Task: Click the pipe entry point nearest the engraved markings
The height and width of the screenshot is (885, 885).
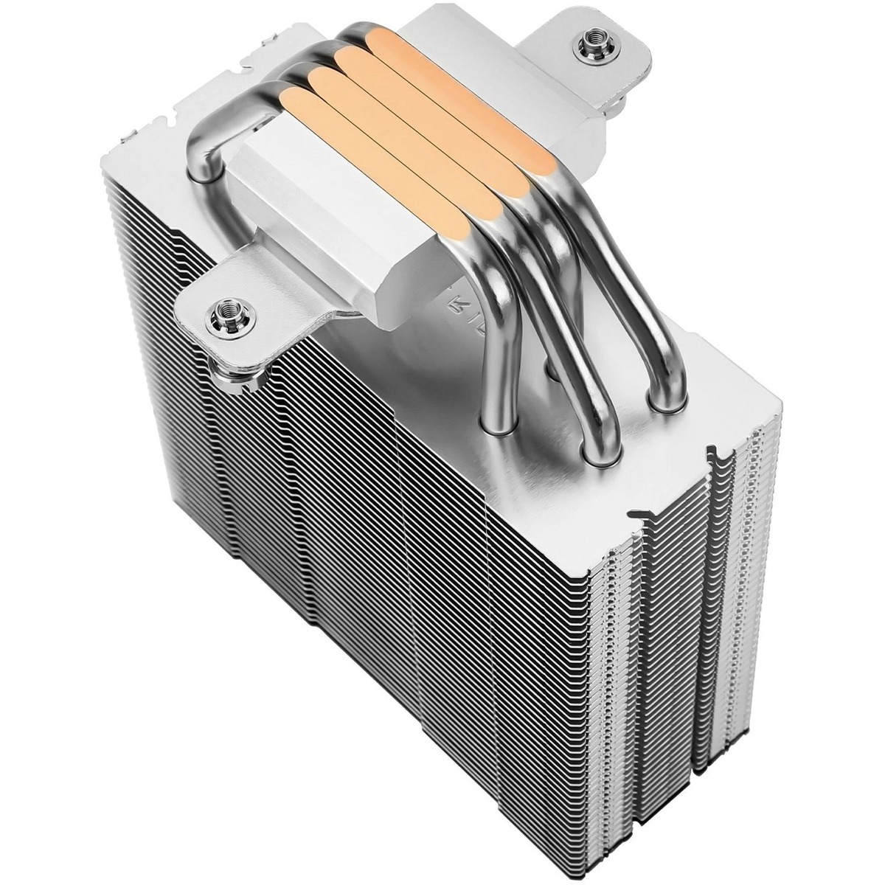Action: (x=502, y=424)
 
